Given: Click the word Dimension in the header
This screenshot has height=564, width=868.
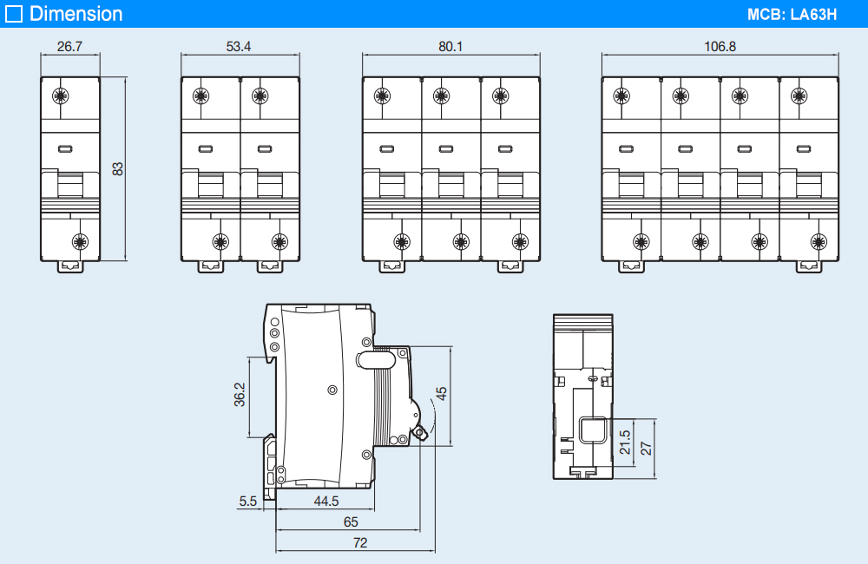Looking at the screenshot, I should [76, 14].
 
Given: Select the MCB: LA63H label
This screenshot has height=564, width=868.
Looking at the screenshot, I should [791, 15].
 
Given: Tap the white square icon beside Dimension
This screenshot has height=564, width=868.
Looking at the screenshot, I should [14, 14].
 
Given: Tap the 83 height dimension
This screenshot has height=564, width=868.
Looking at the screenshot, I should [118, 168].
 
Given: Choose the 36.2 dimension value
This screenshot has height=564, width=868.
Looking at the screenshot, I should [240, 395].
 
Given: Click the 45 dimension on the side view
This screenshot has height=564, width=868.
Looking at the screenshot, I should [441, 393].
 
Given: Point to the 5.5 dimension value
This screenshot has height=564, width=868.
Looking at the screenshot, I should [247, 501].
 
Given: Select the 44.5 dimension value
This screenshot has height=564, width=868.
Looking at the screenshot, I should [325, 501].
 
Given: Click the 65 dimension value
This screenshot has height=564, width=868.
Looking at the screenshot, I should [350, 522].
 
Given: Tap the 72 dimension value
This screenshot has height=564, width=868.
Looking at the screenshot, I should [360, 543].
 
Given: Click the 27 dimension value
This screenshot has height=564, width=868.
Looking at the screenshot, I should [646, 447].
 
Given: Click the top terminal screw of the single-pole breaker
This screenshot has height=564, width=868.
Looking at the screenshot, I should [60, 95].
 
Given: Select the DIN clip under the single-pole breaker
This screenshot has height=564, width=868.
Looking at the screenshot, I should [69, 266].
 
